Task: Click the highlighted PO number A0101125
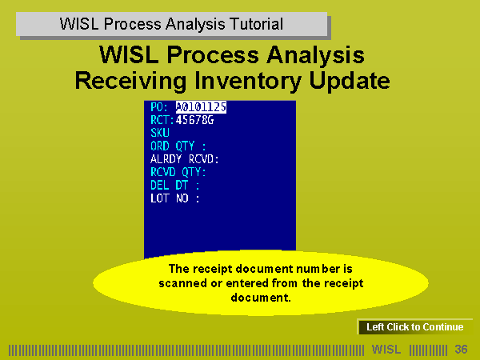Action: (x=201, y=107)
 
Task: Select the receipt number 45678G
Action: (x=194, y=120)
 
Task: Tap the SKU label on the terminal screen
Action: (x=160, y=133)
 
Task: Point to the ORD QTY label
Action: (x=178, y=146)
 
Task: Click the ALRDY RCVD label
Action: (x=185, y=159)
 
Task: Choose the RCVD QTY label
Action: (x=178, y=172)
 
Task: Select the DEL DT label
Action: (x=175, y=186)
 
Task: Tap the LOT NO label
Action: (x=175, y=198)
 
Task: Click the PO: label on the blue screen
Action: (x=159, y=107)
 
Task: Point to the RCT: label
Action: (x=162, y=120)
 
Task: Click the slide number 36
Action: (x=461, y=350)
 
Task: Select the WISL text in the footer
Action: (x=386, y=350)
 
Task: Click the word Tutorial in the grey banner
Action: (x=257, y=24)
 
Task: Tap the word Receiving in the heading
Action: (x=130, y=81)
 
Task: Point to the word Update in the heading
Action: (x=350, y=81)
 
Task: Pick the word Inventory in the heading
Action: (x=248, y=81)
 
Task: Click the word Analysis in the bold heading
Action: (x=316, y=55)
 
